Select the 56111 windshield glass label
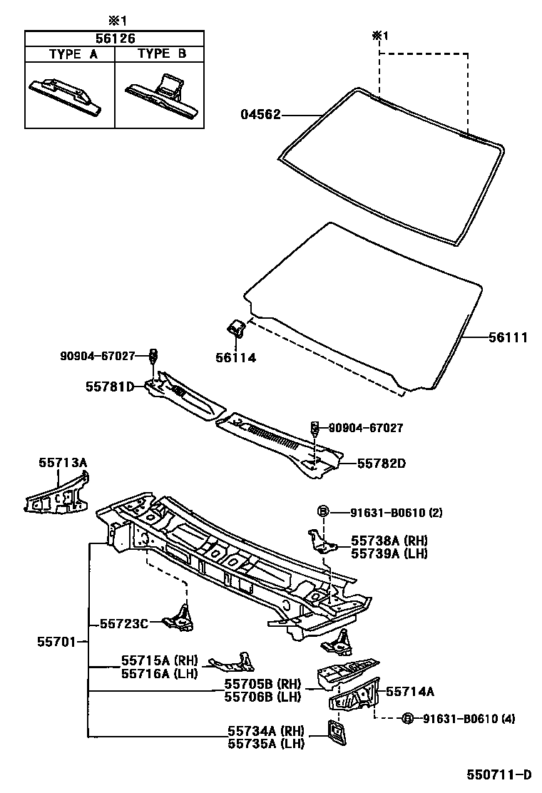coord(508,338)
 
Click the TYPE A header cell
coord(70,53)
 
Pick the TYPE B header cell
coord(160,53)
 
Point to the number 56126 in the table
coord(115,38)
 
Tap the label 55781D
coord(110,387)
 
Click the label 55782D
coord(381,463)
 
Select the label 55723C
coord(123,623)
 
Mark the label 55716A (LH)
coord(158,672)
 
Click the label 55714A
coord(410,690)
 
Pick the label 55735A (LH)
coord(266,744)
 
